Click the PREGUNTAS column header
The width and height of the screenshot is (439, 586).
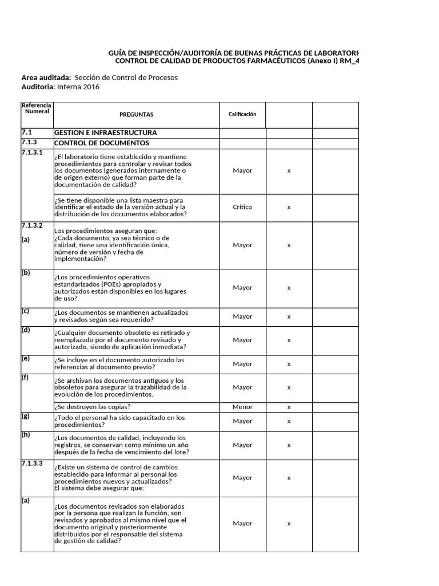tap(136, 114)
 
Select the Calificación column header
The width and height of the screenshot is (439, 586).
tap(242, 114)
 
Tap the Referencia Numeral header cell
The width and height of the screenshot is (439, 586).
tap(37, 108)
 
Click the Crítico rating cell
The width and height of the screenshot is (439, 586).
tap(242, 207)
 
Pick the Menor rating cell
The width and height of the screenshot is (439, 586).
tap(242, 407)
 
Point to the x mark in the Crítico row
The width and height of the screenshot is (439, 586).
tap(289, 207)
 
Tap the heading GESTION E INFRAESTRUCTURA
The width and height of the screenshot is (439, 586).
tap(105, 133)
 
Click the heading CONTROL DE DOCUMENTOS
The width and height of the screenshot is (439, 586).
tap(102, 143)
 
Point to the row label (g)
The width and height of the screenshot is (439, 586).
tap(25, 416)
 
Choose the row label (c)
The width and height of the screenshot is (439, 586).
tap(25, 311)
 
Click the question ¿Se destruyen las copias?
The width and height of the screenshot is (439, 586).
tap(93, 407)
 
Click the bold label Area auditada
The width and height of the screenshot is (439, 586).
tap(46, 77)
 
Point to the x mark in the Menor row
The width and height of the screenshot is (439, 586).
tap(289, 407)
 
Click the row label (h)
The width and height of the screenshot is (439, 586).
tap(25, 434)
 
